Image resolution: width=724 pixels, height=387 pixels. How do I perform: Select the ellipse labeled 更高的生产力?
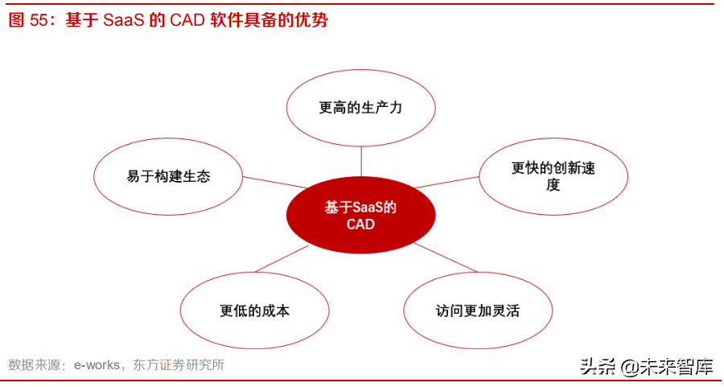click(360, 108)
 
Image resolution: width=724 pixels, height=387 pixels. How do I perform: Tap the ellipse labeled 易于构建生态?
click(168, 176)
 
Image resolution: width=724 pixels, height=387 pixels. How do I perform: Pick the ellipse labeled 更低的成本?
click(254, 311)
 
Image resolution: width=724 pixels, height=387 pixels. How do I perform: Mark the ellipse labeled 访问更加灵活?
click(478, 311)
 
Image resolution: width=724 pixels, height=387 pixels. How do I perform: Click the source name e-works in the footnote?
click(96, 365)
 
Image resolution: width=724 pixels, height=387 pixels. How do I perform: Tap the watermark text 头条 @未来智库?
click(647, 367)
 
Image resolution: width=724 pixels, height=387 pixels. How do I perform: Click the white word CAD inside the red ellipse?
click(360, 225)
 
